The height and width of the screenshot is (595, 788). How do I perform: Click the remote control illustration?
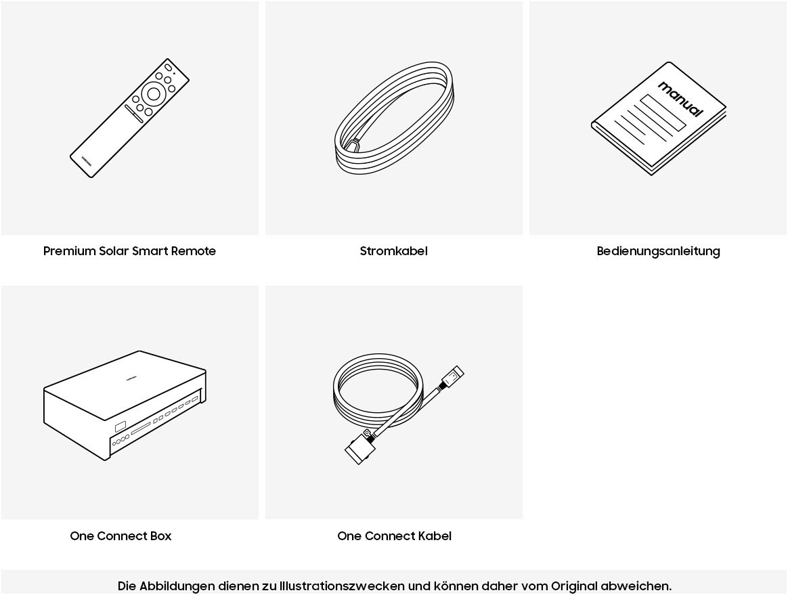[x=129, y=118]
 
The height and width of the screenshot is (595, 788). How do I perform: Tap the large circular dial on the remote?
[x=154, y=93]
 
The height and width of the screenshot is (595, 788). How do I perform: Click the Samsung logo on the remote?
[x=87, y=160]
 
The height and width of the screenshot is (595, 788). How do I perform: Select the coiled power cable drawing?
[x=395, y=118]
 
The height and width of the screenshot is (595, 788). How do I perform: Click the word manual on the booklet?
[x=681, y=99]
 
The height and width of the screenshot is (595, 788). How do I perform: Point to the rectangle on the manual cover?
[x=663, y=112]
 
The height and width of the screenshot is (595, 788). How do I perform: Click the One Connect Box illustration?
[x=125, y=405]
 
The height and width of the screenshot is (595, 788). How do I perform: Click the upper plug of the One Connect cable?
[x=452, y=376]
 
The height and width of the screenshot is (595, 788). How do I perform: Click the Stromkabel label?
[x=393, y=251]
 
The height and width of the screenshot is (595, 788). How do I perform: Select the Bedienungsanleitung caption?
[x=658, y=252]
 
